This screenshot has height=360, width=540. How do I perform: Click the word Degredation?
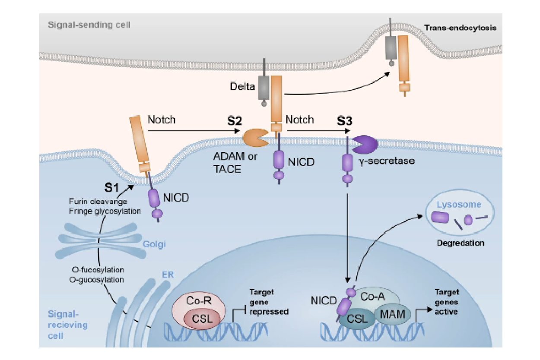coord(461,243)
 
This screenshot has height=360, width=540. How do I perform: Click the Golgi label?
coord(154,244)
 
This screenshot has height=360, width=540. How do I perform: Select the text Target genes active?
coord(447,302)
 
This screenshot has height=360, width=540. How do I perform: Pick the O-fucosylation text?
coord(98,270)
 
